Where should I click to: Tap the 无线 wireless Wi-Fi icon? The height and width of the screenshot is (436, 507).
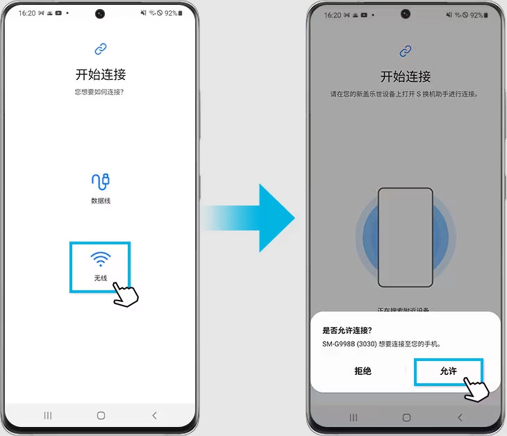[x=101, y=260]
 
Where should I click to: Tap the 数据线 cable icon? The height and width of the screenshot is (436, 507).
[x=101, y=182]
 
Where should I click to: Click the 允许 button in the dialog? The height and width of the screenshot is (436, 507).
[x=448, y=371]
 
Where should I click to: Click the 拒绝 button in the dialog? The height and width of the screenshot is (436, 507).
[x=363, y=371]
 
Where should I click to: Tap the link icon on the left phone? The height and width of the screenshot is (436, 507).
[x=101, y=49]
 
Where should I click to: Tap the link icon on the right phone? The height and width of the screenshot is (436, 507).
[x=406, y=51]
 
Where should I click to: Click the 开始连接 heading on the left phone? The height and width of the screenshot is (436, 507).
[x=101, y=74]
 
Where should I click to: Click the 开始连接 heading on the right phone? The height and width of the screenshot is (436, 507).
[x=406, y=76]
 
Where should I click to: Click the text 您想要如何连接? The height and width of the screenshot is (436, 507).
[x=101, y=92]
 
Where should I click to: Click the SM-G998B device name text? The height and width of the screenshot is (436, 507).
[x=347, y=344]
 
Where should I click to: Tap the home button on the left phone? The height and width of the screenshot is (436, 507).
[x=101, y=415]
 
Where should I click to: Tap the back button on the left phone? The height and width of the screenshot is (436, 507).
[x=154, y=415]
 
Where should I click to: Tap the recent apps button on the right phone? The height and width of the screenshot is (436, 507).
[x=353, y=417]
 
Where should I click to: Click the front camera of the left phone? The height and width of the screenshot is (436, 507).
[x=101, y=13]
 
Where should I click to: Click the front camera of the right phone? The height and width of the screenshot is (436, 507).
[x=406, y=13]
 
